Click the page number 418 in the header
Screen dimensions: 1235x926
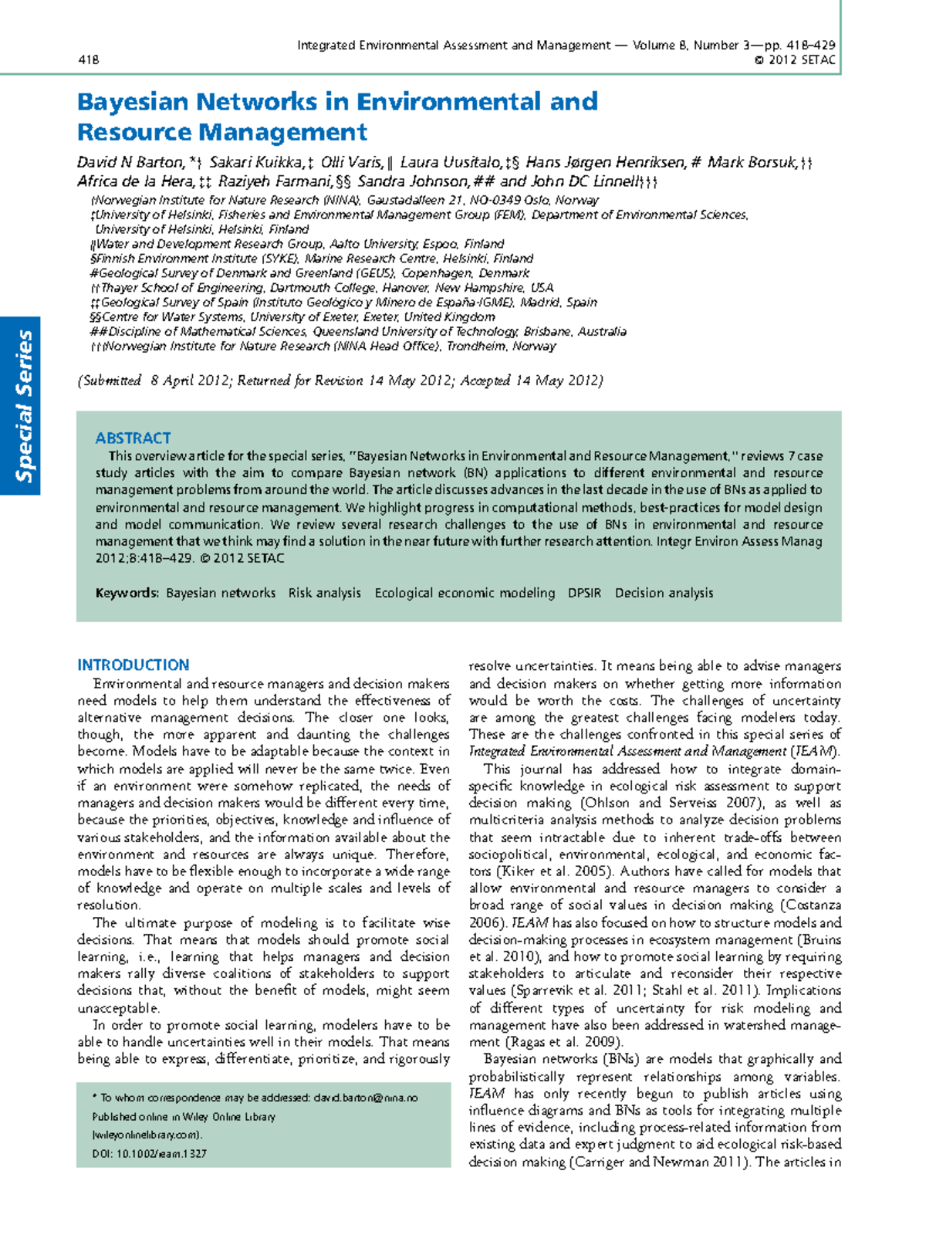click(x=88, y=60)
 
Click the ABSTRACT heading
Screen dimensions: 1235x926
click(x=133, y=438)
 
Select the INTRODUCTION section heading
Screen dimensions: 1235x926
click(x=133, y=665)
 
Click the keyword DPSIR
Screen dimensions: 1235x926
click(x=584, y=593)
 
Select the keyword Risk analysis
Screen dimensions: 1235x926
click(x=324, y=593)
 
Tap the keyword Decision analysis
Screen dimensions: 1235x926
click(x=664, y=593)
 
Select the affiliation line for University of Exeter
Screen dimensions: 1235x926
click(x=293, y=316)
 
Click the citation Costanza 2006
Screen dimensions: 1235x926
click(x=812, y=905)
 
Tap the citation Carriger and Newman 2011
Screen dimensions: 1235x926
click(x=660, y=1162)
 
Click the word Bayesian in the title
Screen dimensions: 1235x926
click(x=132, y=101)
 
